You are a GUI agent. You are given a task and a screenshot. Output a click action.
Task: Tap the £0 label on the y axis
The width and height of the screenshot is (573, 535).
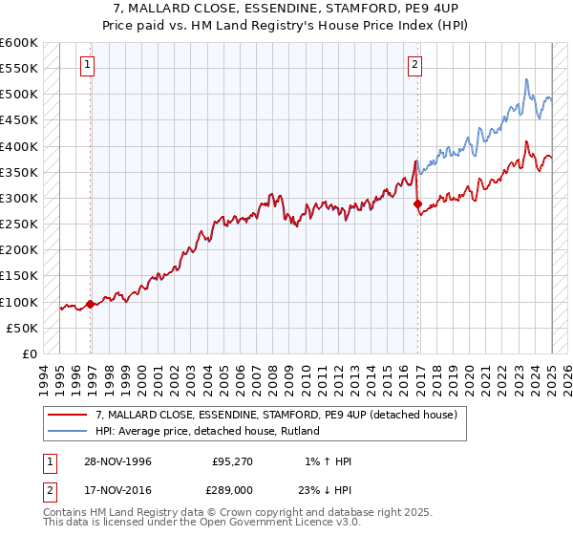(x=30, y=353)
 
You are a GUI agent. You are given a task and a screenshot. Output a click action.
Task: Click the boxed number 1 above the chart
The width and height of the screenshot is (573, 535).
(x=87, y=65)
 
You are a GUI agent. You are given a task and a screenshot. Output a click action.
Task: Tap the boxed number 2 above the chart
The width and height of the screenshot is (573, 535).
(x=416, y=65)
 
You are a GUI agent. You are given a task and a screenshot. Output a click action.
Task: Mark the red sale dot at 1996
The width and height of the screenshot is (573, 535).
(x=91, y=305)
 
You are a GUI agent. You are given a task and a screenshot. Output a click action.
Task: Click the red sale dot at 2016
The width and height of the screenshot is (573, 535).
(x=417, y=203)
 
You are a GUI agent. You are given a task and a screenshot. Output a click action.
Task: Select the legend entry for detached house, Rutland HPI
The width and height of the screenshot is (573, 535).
(x=206, y=431)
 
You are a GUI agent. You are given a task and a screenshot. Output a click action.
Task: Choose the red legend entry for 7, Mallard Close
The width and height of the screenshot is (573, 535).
(x=277, y=415)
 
